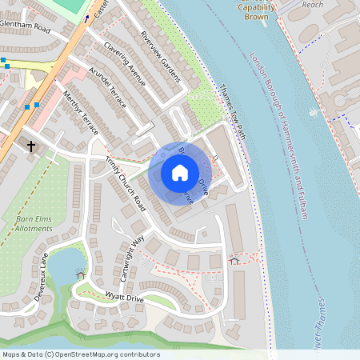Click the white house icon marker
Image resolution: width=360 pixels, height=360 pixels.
pyautogui.click(x=180, y=172)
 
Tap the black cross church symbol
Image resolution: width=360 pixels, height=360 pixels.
pyautogui.click(x=32, y=146)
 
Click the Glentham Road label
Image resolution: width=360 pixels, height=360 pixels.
pyautogui.click(x=25, y=27)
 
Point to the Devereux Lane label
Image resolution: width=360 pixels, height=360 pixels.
pyautogui.click(x=38, y=272)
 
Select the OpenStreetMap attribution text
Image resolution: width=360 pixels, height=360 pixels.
pyautogui.click(x=81, y=354)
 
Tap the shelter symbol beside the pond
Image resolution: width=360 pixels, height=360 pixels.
pyautogui.click(x=80, y=274)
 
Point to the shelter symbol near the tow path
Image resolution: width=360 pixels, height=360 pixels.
pyautogui.click(x=234, y=260)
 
